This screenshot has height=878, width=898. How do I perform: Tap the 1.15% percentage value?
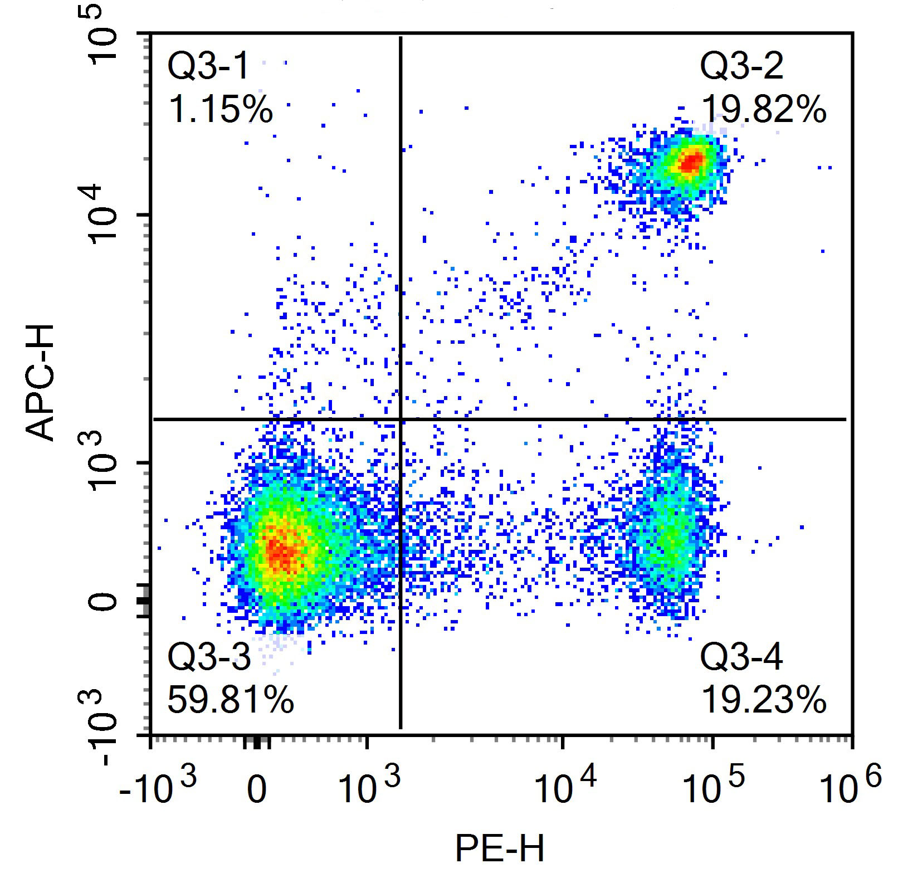coord(221,109)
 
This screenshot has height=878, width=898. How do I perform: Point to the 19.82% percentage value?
coord(763,109)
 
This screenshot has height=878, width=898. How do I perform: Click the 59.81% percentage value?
coord(230,700)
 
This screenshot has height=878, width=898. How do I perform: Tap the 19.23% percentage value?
coord(763,700)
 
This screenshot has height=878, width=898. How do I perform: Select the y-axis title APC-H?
coord(40,383)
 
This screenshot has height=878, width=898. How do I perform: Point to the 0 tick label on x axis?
coord(257,791)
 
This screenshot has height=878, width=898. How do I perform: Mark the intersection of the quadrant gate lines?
coord(401,419)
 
